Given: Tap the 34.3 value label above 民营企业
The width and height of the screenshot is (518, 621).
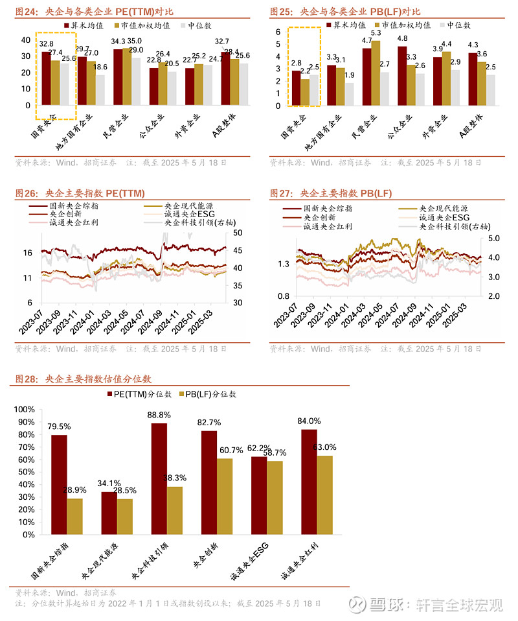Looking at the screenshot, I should coord(118,41).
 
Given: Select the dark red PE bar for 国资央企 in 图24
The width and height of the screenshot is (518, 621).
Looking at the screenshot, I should coord(46,78).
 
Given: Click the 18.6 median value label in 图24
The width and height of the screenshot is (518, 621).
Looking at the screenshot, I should coord(100,67).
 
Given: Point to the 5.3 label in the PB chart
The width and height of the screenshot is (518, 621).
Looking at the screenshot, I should coord(376,32).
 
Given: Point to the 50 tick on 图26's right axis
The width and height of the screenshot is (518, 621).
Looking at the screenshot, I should coord(237,233).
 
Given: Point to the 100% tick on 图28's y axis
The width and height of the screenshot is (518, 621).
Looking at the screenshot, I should coord(30,410).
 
